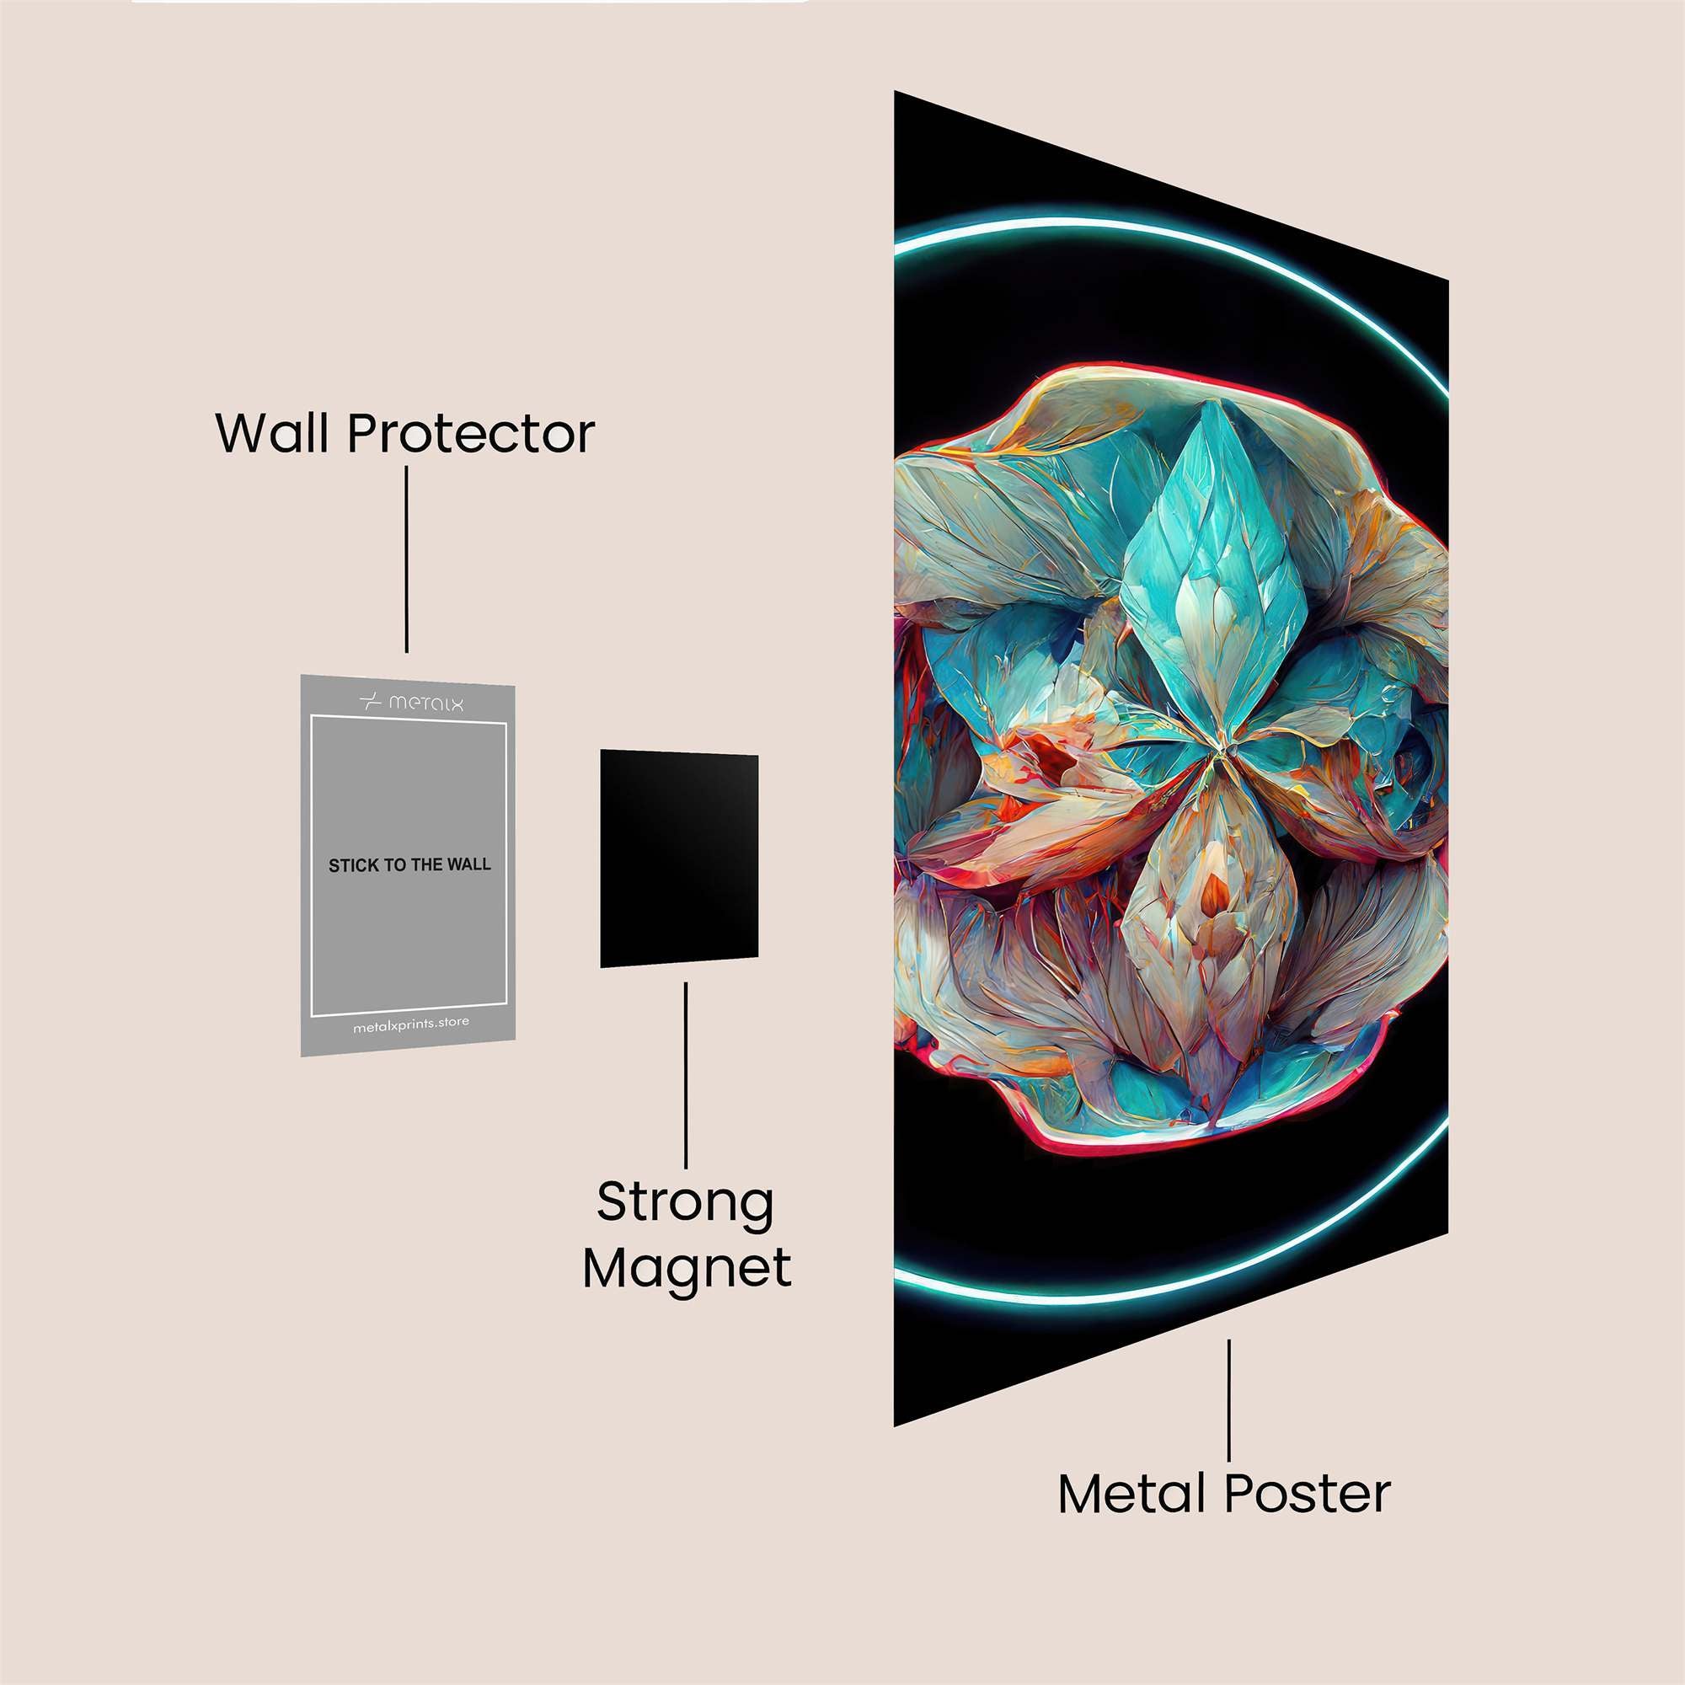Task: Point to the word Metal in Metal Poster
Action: click(1135, 1494)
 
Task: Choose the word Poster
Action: click(1308, 1494)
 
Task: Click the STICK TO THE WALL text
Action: click(409, 865)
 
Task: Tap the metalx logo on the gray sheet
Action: click(412, 702)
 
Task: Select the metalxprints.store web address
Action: click(411, 1026)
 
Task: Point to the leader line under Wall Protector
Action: click(406, 559)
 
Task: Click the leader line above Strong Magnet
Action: click(686, 1074)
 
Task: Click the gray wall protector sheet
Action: click(408, 864)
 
